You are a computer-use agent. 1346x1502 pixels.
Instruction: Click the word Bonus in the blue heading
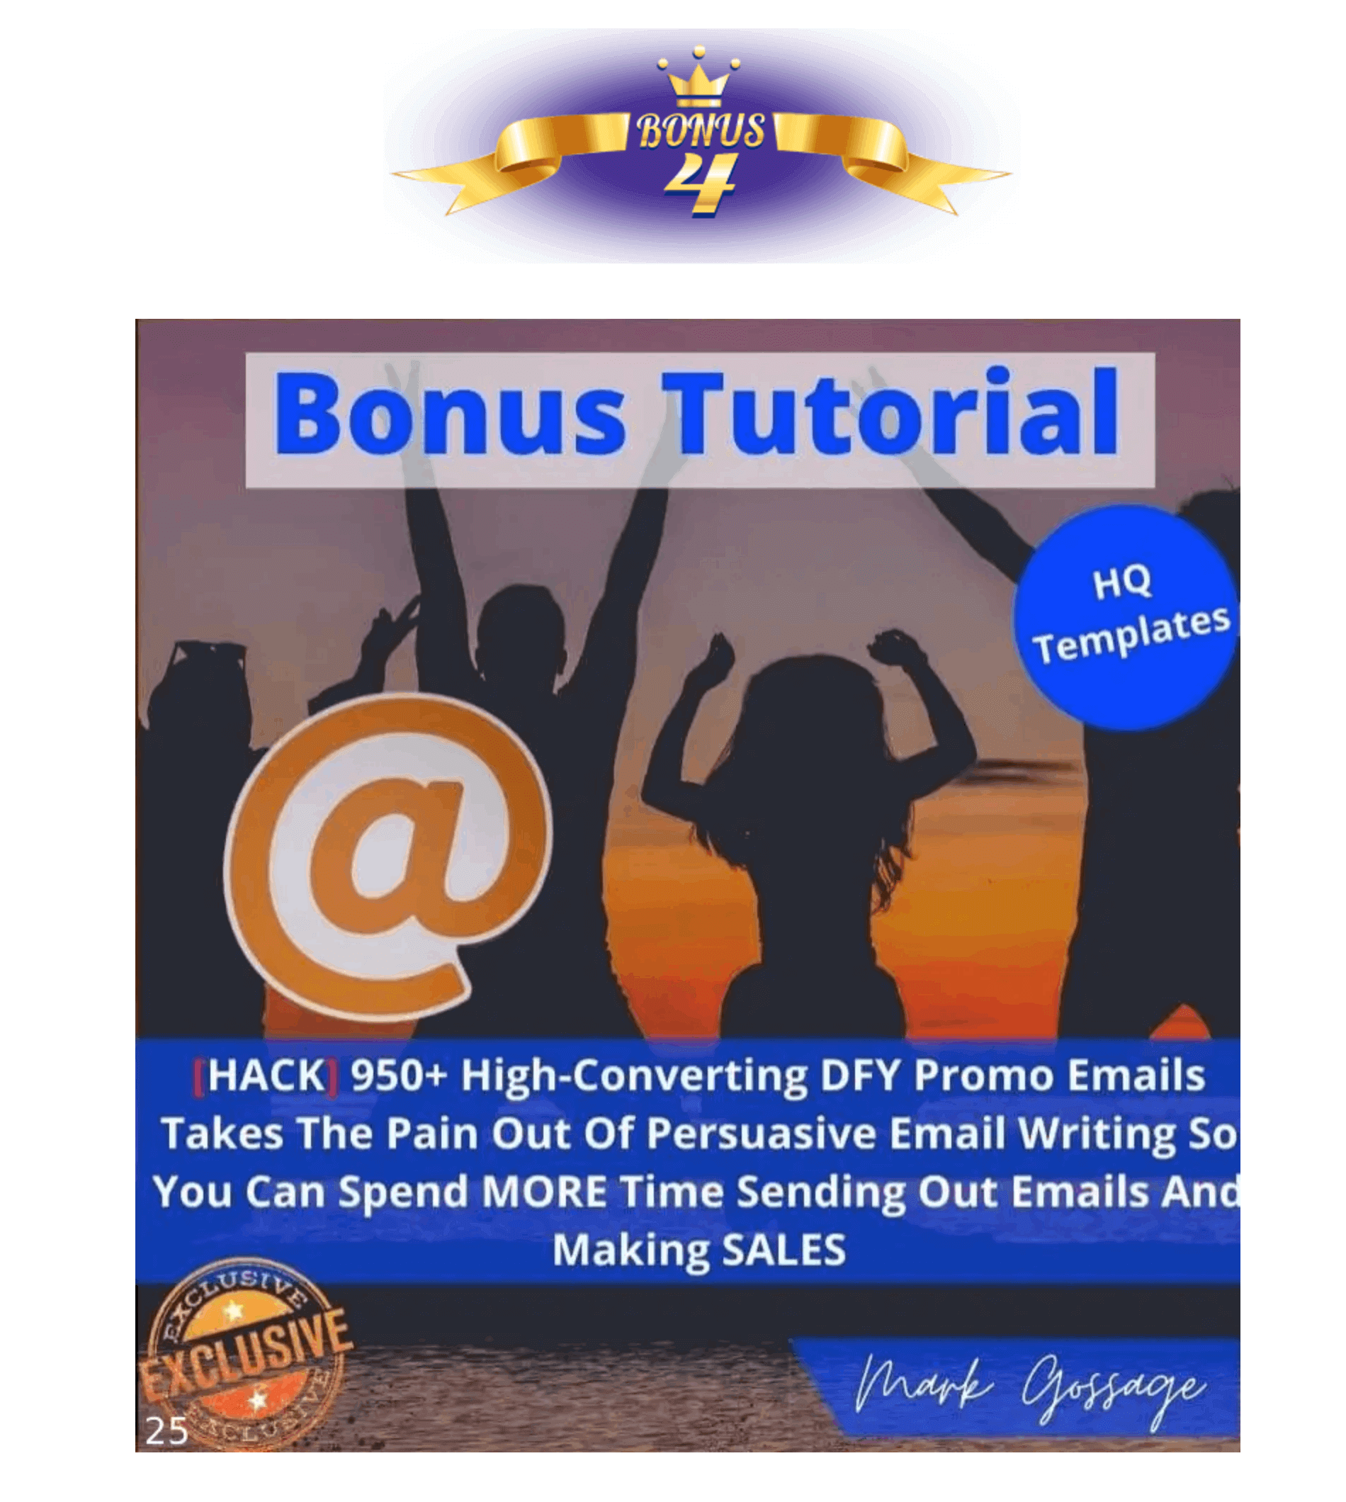(x=451, y=414)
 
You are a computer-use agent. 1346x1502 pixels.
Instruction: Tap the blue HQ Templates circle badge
(x=1125, y=618)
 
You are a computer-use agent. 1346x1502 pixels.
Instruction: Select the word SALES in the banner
(x=784, y=1250)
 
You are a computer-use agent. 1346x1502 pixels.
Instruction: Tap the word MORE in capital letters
(x=544, y=1192)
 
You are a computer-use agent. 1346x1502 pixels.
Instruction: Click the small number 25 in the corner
(x=167, y=1432)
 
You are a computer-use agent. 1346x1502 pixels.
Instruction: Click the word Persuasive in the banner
(x=762, y=1134)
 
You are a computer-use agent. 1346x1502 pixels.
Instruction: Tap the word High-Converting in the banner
(x=635, y=1077)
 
